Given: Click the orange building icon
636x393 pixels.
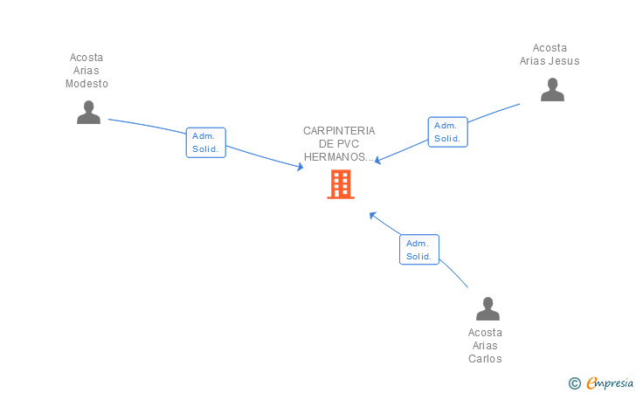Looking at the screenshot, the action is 341,184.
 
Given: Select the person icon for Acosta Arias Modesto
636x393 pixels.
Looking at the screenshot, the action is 88,112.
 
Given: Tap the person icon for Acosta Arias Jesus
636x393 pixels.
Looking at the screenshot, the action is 552,89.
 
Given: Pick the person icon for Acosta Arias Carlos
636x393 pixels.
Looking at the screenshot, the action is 487,308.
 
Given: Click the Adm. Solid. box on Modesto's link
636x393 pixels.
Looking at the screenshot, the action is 205,142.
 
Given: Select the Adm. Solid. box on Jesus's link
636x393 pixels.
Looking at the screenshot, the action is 448,132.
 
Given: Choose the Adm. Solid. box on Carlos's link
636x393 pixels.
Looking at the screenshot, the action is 419,250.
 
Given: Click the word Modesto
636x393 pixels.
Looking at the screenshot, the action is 86,84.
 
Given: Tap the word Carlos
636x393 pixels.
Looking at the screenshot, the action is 485,359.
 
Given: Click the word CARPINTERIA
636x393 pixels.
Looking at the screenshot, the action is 339,131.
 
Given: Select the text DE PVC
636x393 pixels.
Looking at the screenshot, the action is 339,143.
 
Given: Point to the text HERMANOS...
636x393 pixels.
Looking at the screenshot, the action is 335,157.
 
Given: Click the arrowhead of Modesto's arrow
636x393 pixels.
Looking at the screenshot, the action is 301,167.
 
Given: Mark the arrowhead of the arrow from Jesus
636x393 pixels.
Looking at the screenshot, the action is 377,160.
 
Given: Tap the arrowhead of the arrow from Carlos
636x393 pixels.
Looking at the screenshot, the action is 372,215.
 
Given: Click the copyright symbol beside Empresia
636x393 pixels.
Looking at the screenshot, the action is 574,383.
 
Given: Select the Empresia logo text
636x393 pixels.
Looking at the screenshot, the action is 610,383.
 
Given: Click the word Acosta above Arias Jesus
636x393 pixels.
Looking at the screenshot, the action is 550,48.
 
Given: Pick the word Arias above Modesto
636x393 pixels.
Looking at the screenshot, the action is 86,71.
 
